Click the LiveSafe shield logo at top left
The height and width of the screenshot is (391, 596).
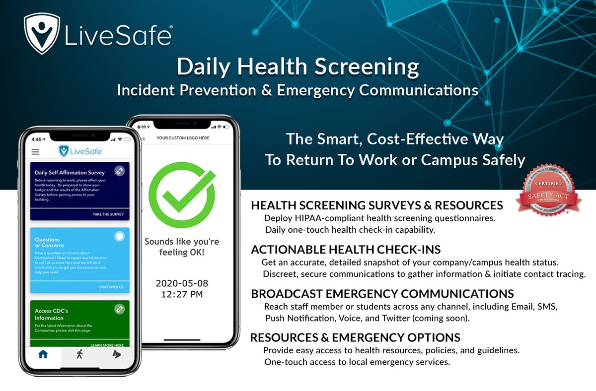(x=43, y=33)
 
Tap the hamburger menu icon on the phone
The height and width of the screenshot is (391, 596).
(x=35, y=152)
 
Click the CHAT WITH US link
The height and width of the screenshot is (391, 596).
(x=111, y=287)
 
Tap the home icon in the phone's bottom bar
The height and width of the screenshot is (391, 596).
(x=43, y=354)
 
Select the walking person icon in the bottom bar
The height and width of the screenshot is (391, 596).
(x=79, y=354)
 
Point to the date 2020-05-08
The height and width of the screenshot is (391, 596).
(x=182, y=283)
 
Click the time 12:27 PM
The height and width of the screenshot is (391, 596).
(x=182, y=294)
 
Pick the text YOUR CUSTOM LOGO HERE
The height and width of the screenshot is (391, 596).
(x=183, y=138)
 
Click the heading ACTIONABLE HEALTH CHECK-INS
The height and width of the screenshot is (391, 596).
(x=346, y=250)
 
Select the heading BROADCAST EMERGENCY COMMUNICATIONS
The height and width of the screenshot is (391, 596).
(x=382, y=294)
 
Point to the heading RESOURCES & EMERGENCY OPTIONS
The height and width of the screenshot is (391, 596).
(x=355, y=338)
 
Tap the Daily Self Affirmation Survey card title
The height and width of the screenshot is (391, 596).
(x=70, y=173)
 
